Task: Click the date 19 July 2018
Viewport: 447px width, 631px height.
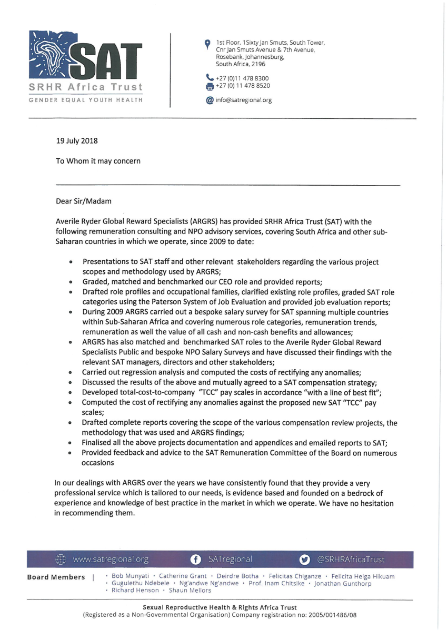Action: [77, 140]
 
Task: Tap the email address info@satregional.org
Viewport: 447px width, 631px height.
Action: [244, 100]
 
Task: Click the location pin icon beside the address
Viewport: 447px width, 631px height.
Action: [207, 44]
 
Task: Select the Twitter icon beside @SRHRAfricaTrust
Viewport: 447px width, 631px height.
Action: [305, 559]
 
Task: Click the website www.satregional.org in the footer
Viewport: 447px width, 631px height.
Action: [111, 559]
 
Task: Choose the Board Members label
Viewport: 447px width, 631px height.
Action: [56, 577]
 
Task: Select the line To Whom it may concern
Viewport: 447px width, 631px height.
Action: [98, 161]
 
